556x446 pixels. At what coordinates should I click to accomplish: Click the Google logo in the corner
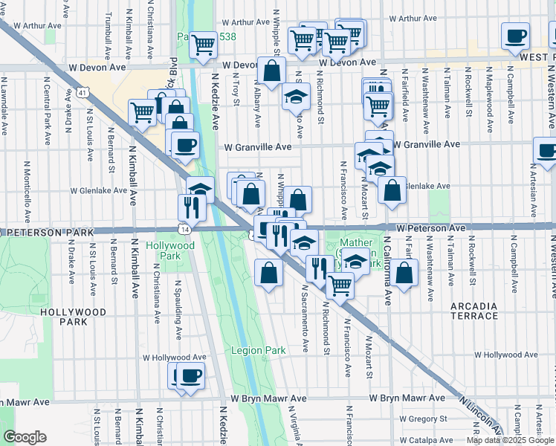[x=25, y=437]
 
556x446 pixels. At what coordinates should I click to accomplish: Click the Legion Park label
[x=258, y=350]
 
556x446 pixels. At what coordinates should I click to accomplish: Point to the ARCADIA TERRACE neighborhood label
[x=474, y=311]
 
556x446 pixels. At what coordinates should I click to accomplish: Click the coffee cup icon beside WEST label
[x=515, y=37]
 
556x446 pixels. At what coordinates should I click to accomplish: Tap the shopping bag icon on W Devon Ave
[x=272, y=73]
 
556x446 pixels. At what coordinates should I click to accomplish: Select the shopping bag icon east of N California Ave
[x=405, y=275]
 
